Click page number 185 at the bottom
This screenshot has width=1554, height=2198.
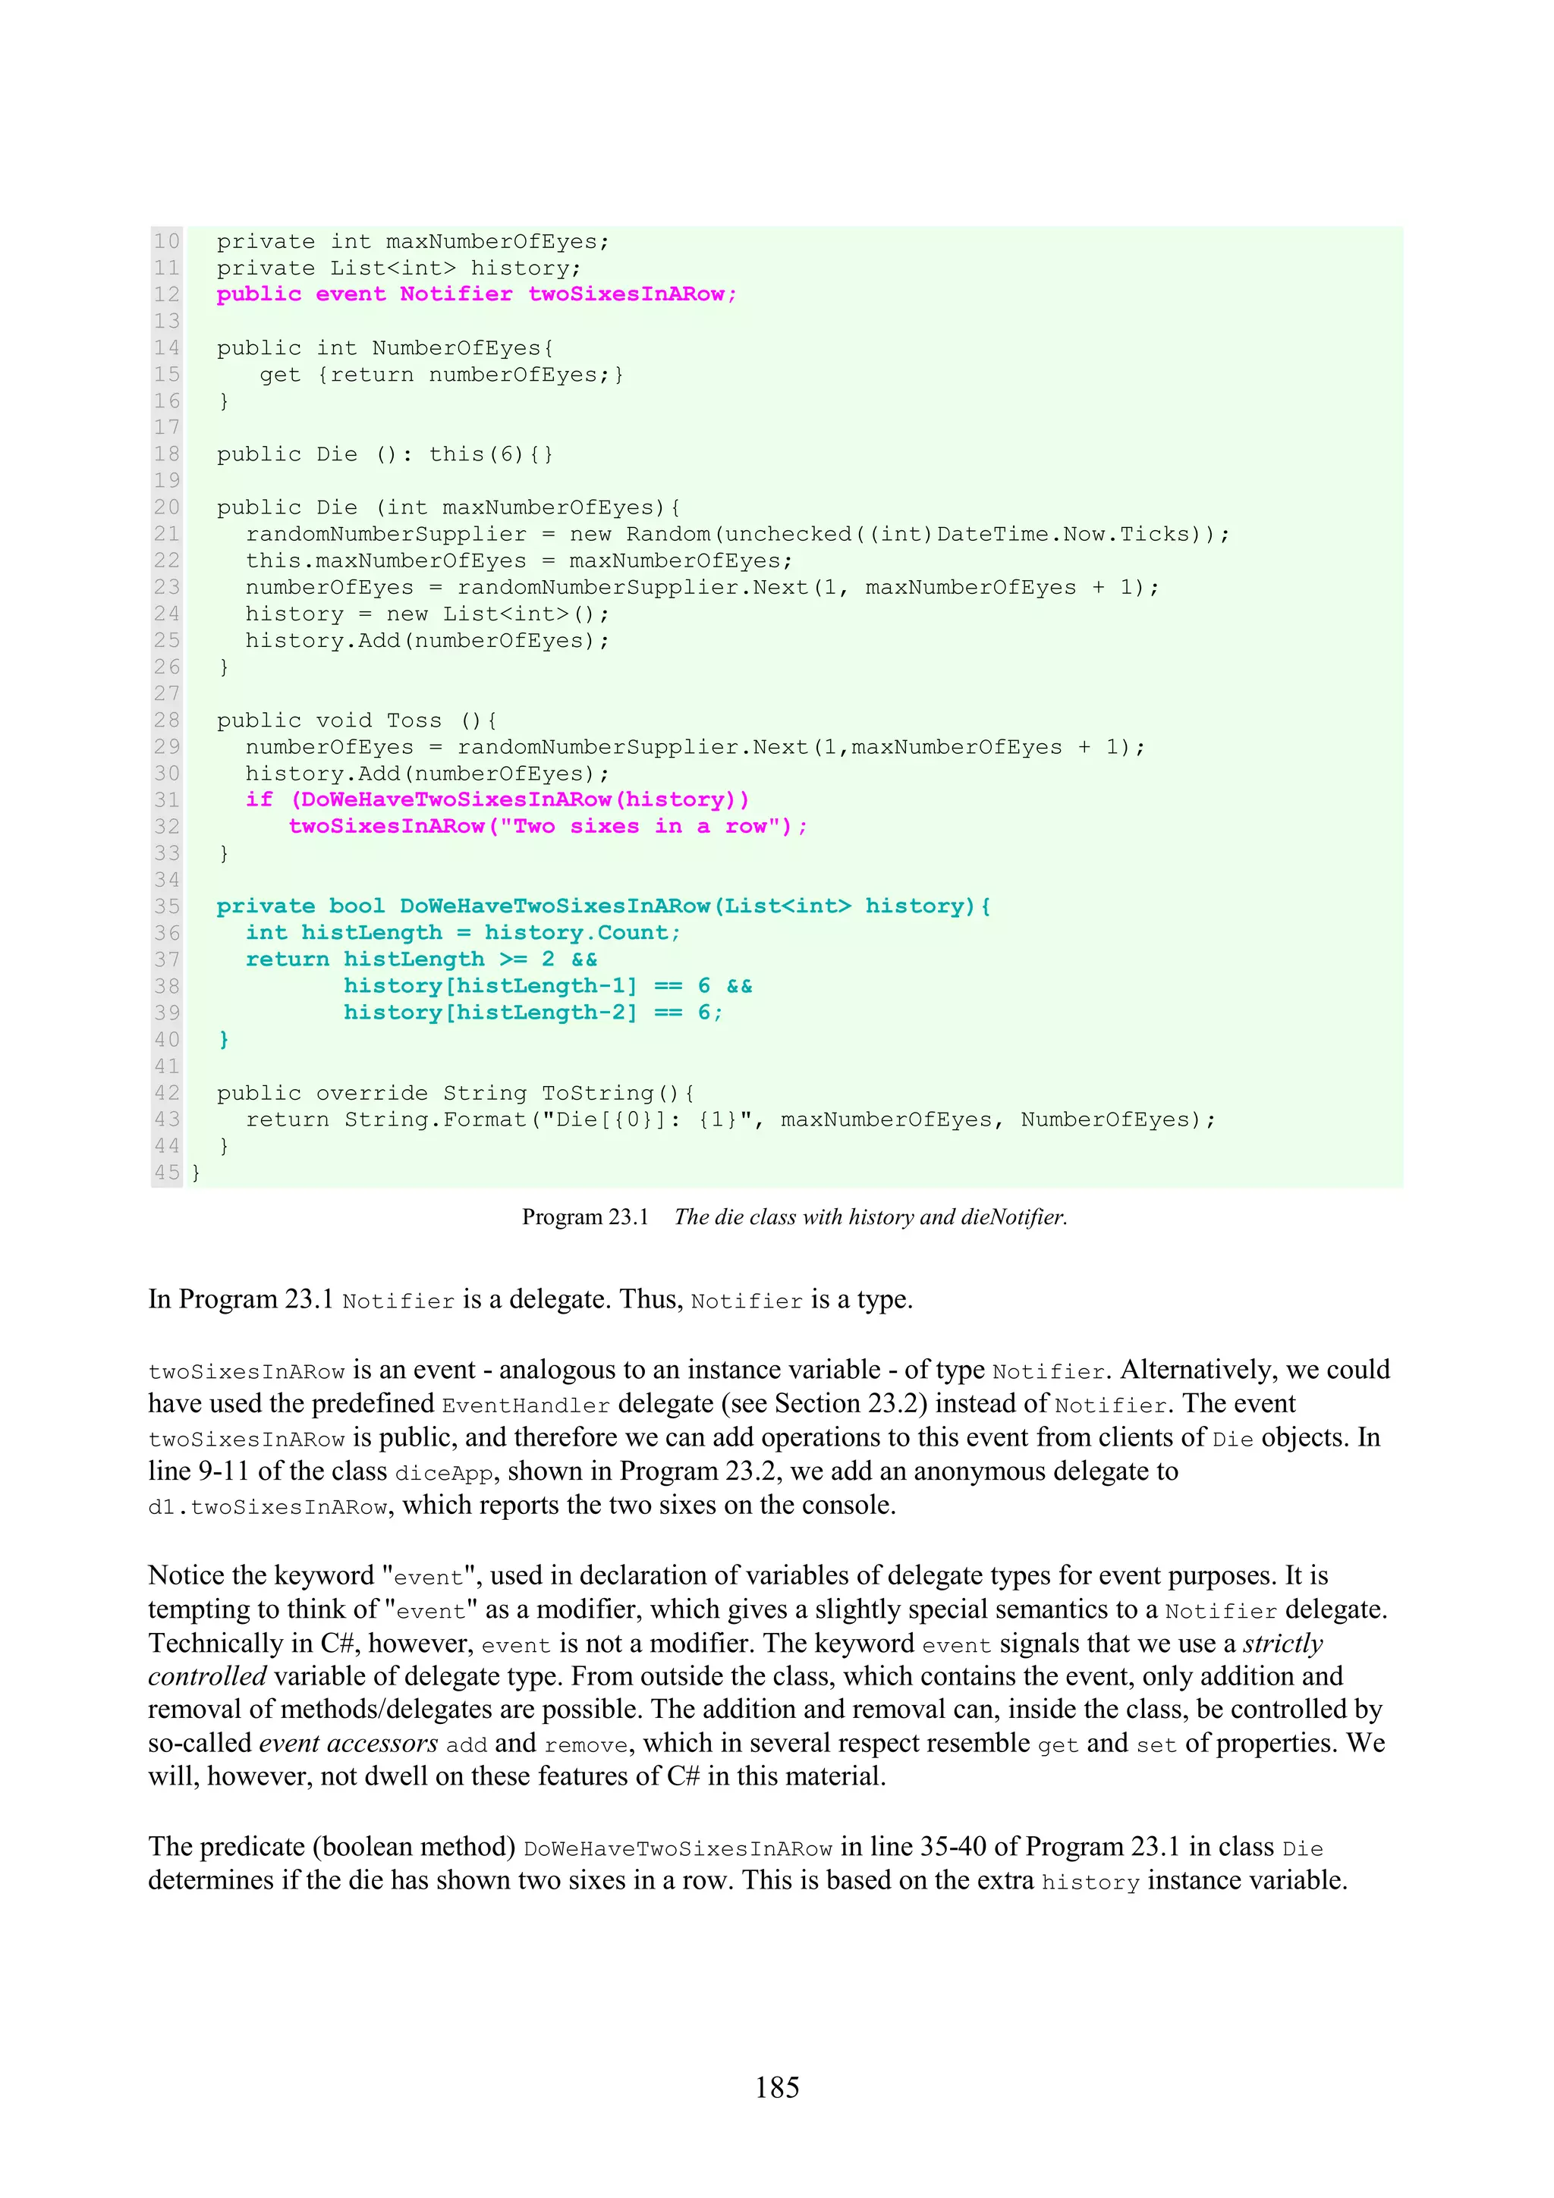[776, 2087]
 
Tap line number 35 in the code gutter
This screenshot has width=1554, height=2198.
[167, 906]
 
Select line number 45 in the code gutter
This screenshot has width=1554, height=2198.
[167, 1172]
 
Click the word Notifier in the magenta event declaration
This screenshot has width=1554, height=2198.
[456, 294]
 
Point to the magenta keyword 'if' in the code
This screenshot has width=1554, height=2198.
[259, 799]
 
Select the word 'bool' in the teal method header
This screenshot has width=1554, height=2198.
[356, 906]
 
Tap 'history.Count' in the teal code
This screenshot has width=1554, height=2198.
[581, 932]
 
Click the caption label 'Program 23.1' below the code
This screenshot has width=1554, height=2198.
[585, 1217]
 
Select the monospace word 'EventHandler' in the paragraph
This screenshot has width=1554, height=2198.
[526, 1405]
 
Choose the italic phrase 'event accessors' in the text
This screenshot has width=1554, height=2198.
[348, 1743]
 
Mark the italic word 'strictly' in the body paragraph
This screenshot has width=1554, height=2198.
[1283, 1643]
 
